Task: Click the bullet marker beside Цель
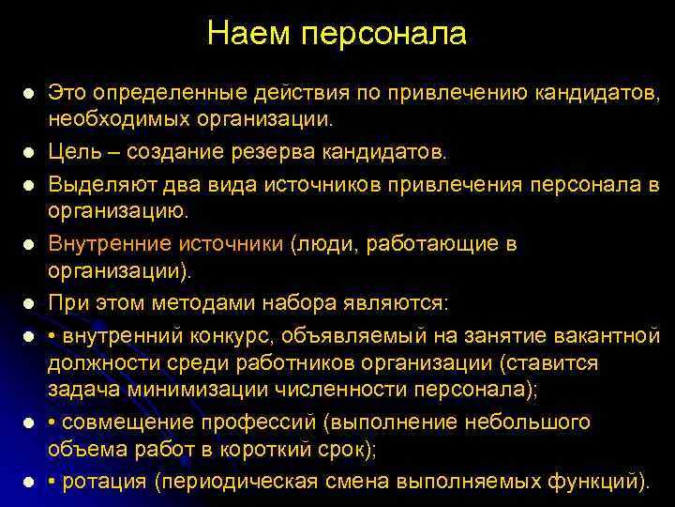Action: [30, 152]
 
